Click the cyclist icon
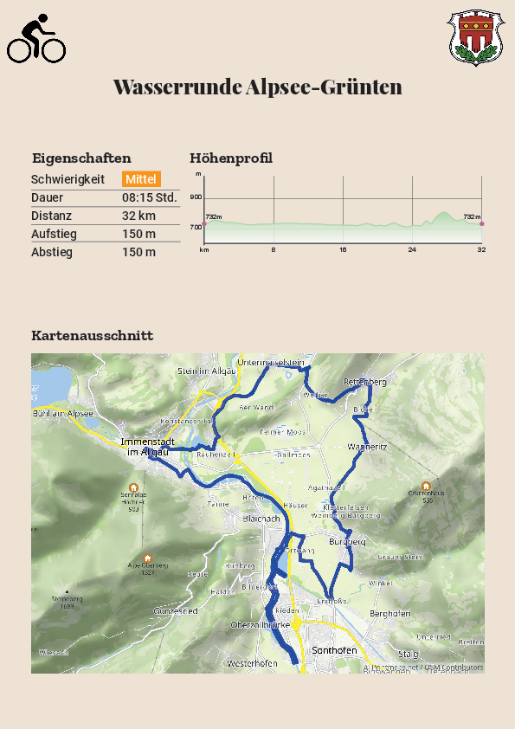36,40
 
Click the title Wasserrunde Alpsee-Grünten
257,87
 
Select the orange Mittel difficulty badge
141,179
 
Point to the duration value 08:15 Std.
149,197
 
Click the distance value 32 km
138,216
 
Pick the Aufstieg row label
54,234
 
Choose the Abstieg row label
52,252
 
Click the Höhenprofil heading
231,158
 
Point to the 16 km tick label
343,250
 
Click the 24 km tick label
412,250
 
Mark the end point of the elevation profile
481,223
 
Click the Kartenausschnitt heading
92,335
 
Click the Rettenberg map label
364,382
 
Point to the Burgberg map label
347,542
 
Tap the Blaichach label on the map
261,518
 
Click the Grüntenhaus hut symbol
426,486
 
